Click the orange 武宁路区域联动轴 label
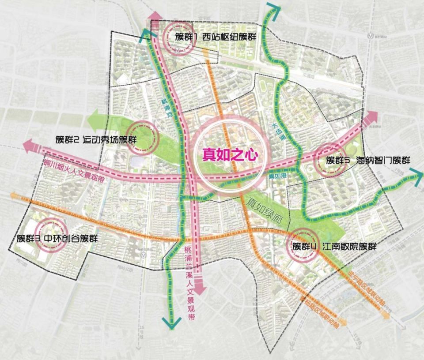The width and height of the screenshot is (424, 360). [x=363, y=287]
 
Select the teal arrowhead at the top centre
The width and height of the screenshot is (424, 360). [x=271, y=9]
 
